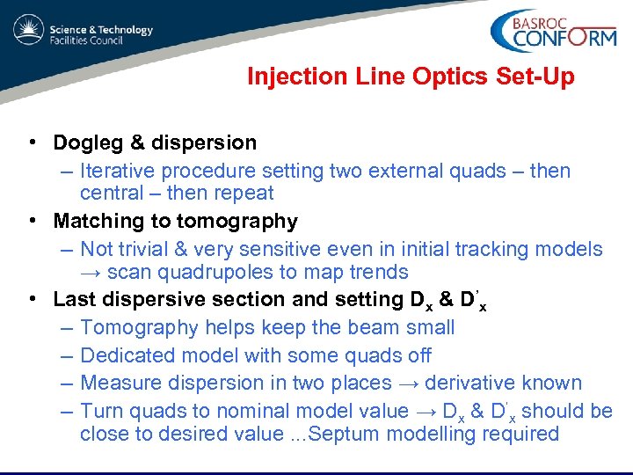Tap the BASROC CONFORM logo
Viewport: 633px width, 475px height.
(552, 33)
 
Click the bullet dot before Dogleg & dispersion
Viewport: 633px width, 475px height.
(31, 142)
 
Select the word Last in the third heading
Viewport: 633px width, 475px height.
(73, 299)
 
